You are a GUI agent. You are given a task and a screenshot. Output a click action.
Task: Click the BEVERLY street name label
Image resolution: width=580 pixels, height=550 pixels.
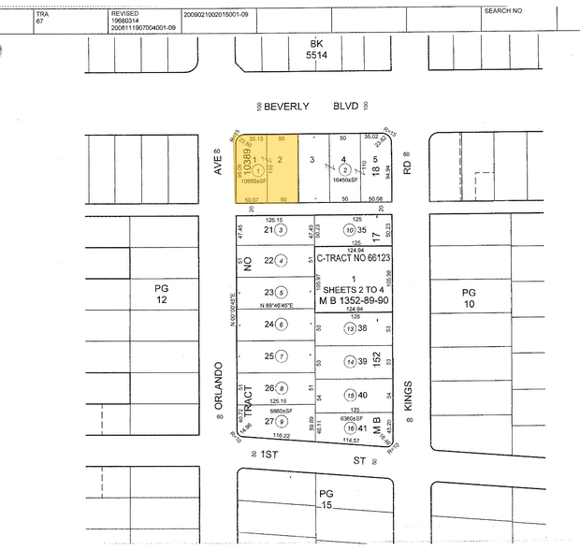pos(285,107)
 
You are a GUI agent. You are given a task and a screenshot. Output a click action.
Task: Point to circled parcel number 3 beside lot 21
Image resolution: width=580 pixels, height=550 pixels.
pos(280,229)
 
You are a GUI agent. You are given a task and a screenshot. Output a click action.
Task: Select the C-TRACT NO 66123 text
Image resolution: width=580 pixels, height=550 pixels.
pos(354,258)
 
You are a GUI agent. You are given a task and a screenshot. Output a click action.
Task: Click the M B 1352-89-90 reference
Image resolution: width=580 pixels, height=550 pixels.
pos(354,301)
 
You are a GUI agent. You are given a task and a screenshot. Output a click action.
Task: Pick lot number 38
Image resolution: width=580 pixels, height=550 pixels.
pos(361,328)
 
